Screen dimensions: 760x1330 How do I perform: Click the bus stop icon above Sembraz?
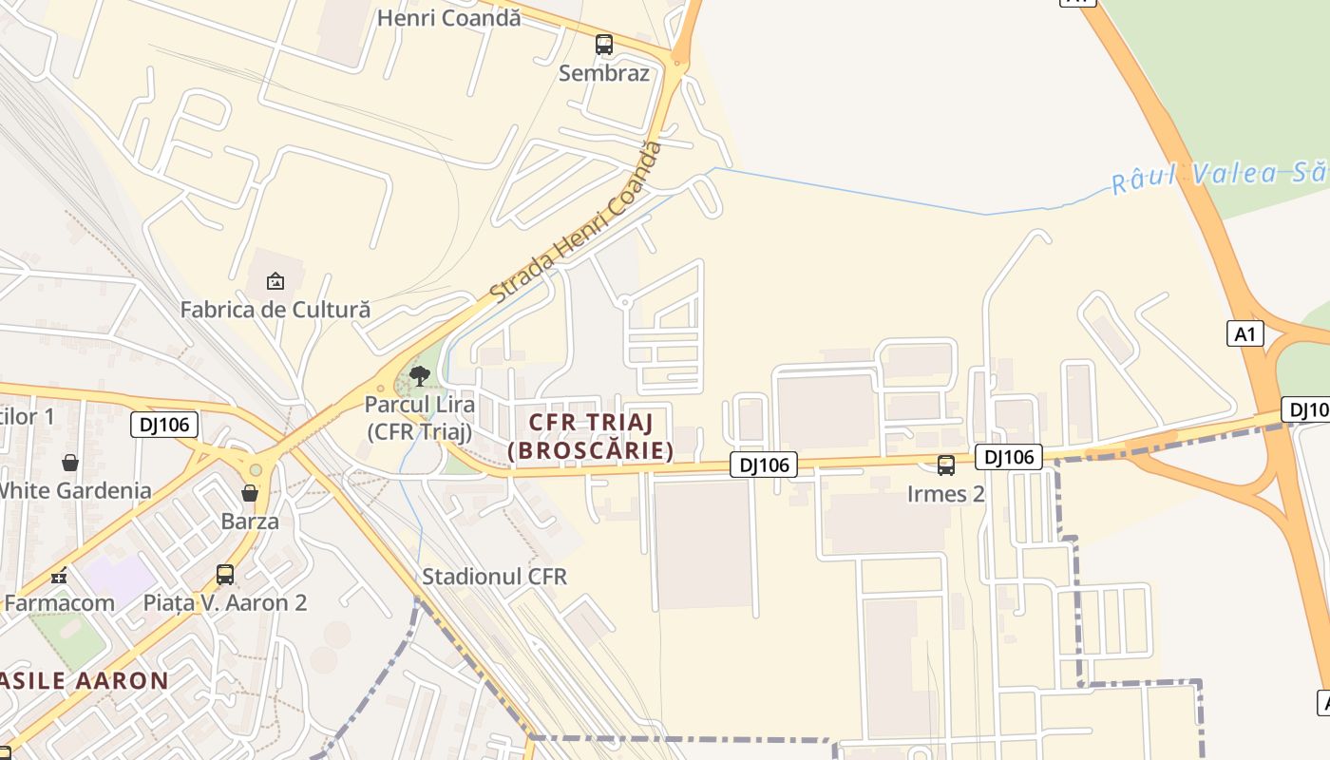604,44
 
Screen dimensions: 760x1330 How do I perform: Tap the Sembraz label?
604,73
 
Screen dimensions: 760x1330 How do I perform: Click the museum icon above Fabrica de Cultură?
275,281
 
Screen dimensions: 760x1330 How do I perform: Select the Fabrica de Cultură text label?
275,309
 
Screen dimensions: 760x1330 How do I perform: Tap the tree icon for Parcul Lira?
419,375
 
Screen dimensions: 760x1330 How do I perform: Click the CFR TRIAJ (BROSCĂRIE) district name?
590,436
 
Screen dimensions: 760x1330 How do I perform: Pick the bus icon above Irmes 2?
946,465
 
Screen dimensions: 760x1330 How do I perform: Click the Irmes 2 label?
946,494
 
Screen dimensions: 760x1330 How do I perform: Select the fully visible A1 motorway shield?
1245,333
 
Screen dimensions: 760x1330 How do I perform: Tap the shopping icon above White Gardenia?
70,463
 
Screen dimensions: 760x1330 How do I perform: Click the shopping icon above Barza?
250,493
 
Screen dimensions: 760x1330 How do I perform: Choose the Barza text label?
250,521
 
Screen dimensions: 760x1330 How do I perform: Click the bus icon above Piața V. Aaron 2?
225,575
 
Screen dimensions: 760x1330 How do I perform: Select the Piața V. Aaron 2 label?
225,602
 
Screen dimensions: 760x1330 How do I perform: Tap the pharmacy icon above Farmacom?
59,576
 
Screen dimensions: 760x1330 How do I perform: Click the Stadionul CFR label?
494,577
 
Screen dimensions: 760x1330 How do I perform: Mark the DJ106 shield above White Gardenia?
164,425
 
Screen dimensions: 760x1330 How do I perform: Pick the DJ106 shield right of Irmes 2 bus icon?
1009,457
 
